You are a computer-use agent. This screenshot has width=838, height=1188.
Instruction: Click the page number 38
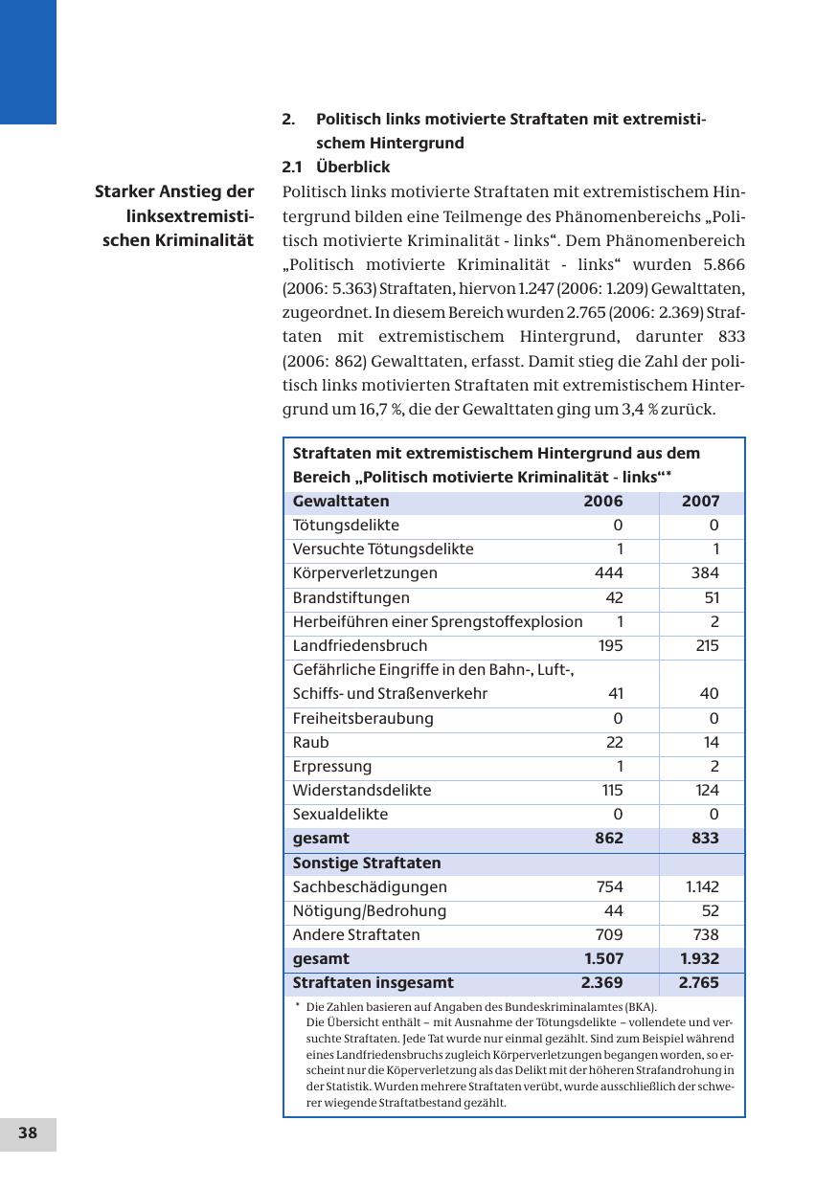point(28,1133)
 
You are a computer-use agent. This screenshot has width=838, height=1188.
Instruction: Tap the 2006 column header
point(603,502)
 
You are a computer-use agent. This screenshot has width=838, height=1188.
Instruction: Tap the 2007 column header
point(700,502)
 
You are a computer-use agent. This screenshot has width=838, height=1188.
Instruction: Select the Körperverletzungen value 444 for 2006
point(608,573)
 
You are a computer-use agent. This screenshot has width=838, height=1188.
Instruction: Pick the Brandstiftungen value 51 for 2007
point(709,598)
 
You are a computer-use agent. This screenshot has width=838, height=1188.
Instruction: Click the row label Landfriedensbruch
point(360,646)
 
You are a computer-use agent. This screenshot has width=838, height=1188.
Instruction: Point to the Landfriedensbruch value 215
point(707,646)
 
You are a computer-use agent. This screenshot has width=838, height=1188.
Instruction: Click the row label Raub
point(310,743)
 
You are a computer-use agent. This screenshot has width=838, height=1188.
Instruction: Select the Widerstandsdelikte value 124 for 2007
point(705,791)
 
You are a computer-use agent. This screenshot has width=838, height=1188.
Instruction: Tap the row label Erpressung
point(332,767)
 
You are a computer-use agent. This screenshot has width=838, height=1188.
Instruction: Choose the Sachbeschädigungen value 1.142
point(702,887)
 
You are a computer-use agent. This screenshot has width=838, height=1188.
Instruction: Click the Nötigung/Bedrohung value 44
point(613,911)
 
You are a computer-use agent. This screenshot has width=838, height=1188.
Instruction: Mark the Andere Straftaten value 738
point(705,935)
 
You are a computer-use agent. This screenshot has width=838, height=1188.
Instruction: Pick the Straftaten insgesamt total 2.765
point(698,983)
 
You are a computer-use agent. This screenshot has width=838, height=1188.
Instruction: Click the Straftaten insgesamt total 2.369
point(601,983)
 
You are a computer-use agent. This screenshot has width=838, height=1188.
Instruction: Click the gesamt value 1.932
point(699,959)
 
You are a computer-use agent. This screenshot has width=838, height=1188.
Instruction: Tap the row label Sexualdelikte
point(340,815)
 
